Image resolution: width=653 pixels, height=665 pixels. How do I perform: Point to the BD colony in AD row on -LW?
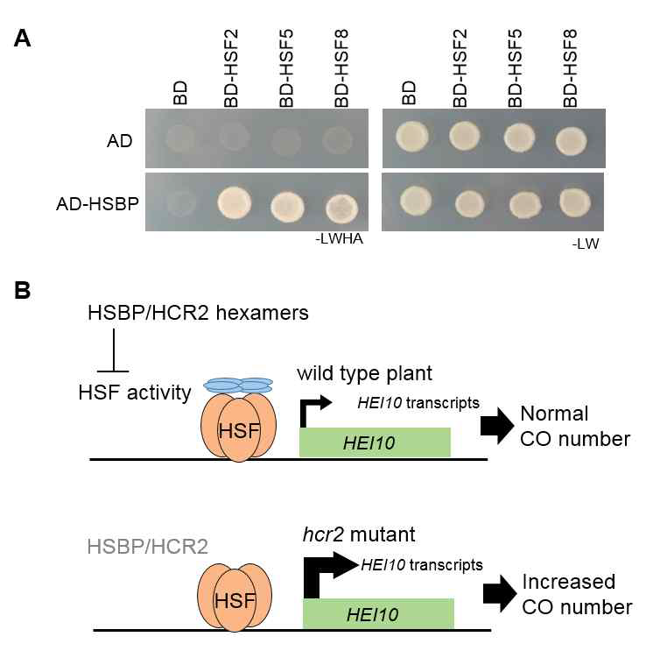[x=411, y=136]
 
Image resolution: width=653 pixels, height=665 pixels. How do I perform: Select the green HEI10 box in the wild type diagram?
[x=375, y=442]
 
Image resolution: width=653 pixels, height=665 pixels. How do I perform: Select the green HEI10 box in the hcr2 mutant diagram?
[x=378, y=613]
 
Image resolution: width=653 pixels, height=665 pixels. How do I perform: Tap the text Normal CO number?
[x=575, y=425]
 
